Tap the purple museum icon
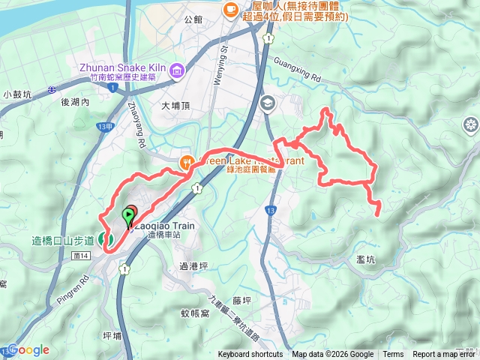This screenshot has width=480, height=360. [x=178, y=71]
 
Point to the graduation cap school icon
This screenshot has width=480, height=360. [x=267, y=103]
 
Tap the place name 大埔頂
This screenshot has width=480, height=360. [x=177, y=106]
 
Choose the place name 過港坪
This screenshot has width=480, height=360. [x=193, y=265]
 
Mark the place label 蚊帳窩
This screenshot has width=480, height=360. [x=194, y=313]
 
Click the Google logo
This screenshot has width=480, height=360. [x=28, y=350]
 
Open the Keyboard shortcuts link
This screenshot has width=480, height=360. [x=250, y=355]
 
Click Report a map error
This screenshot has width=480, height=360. [x=445, y=355]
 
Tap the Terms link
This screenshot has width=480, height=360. [x=393, y=355]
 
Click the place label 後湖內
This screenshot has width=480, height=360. [x=76, y=102]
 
